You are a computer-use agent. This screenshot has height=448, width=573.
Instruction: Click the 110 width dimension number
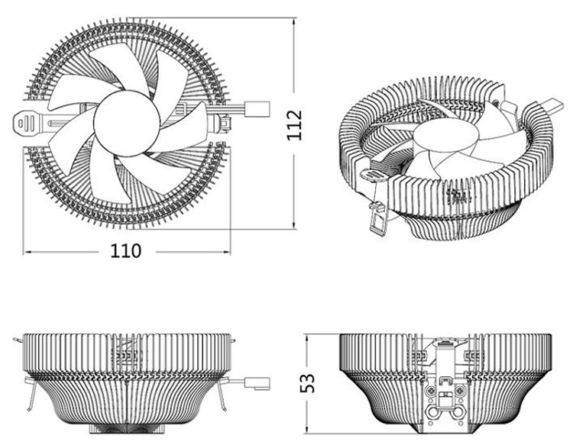coord(126,251)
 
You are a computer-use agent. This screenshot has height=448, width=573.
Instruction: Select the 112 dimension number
coord(295,124)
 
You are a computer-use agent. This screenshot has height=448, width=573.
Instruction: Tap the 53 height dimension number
coord(307,383)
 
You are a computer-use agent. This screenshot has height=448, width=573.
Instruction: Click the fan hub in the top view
coord(126,124)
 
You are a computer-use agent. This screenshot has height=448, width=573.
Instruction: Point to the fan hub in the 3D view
coord(447,135)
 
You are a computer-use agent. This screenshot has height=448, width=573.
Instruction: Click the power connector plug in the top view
coord(257,110)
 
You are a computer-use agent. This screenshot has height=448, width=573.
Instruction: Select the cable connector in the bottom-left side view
coord(257,383)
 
